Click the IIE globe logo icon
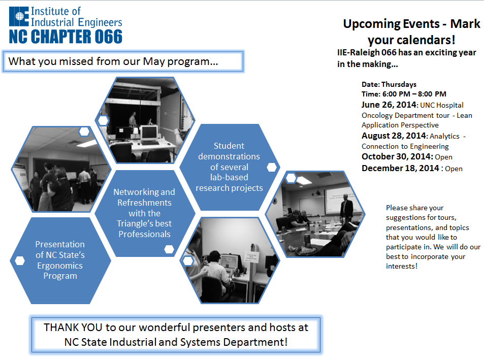19,16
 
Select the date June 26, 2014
389,105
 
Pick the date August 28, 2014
394,136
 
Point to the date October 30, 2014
396,157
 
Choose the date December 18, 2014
400,168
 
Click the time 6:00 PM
396,94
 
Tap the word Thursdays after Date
399,84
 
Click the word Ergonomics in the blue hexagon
60,266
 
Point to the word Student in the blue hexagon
229,146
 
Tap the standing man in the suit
346,207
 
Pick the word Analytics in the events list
444,137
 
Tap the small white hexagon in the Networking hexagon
169,249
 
